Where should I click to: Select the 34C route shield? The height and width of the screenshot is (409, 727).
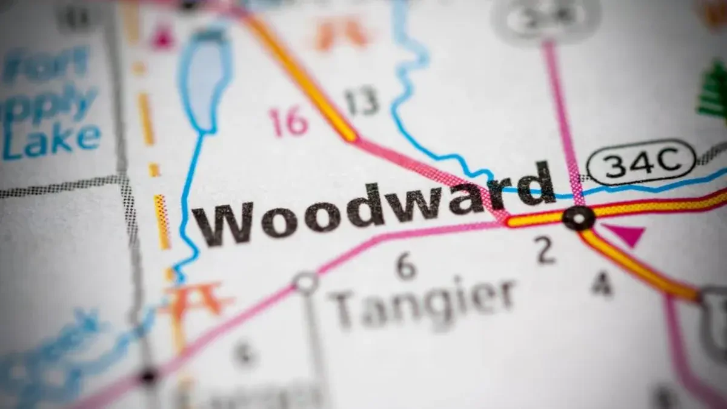pos(640,162)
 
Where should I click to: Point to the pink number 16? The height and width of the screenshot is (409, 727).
pos(289,121)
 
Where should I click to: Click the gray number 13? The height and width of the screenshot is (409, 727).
pos(362,101)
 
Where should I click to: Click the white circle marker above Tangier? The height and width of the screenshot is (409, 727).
pos(306,282)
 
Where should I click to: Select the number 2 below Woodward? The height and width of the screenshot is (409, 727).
pos(545,250)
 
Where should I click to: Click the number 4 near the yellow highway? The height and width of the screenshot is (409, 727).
pos(601,284)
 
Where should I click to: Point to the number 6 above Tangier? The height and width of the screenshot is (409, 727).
pos(405,266)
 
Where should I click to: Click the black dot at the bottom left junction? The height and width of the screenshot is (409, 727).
pos(148,376)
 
